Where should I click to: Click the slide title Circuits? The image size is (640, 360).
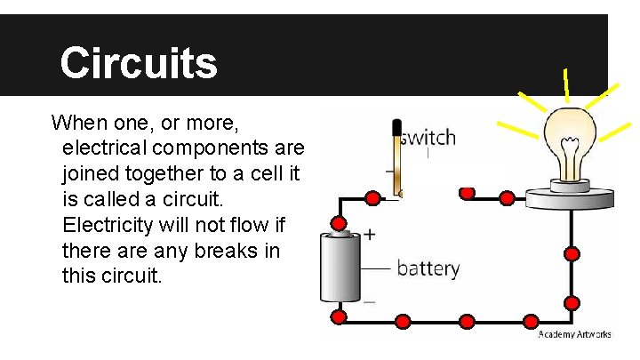pos(139,62)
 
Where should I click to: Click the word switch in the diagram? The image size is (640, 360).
pos(428,138)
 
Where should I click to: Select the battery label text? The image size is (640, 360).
pos(428,268)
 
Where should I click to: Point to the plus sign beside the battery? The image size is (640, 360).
pos(369,235)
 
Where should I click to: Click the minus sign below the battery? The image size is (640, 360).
pos(369,302)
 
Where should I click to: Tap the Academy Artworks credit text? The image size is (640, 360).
pos(575,334)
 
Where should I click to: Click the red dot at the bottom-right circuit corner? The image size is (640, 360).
pos(572,318)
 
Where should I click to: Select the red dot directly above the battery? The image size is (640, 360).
pos(339,223)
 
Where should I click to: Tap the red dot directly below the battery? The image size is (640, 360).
pos(339,317)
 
